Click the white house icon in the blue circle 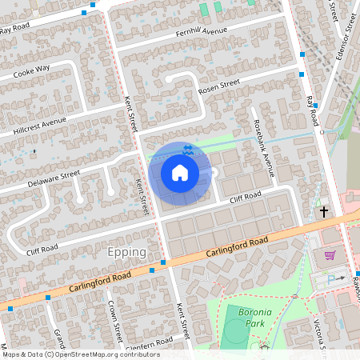180,172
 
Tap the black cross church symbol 324,211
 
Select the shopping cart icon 329,255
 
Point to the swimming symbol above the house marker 187,150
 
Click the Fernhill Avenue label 202,31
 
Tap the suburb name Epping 126,252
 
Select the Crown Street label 117,321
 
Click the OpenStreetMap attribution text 81,354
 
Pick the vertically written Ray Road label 313,113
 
